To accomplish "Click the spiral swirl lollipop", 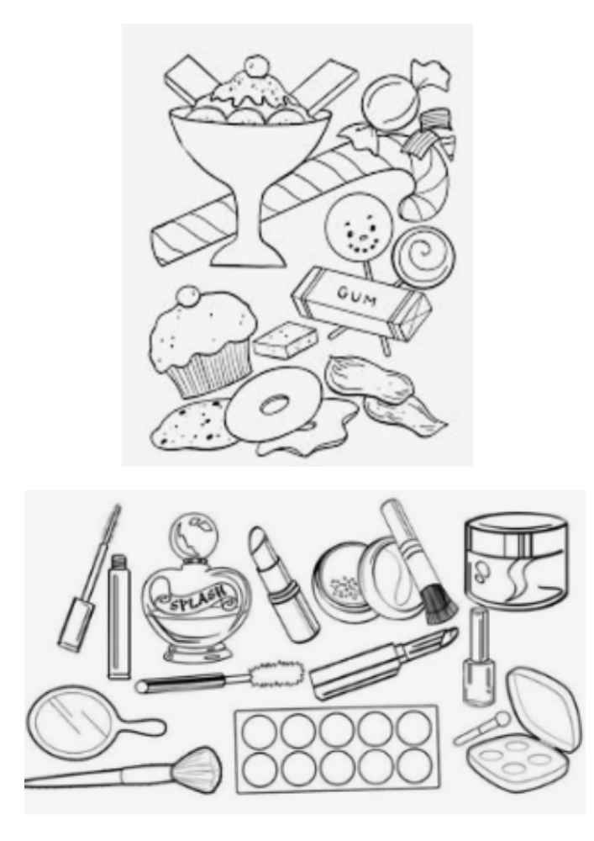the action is tap(422, 258).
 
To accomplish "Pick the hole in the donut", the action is tap(275, 404).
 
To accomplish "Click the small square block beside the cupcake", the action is tap(286, 340).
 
